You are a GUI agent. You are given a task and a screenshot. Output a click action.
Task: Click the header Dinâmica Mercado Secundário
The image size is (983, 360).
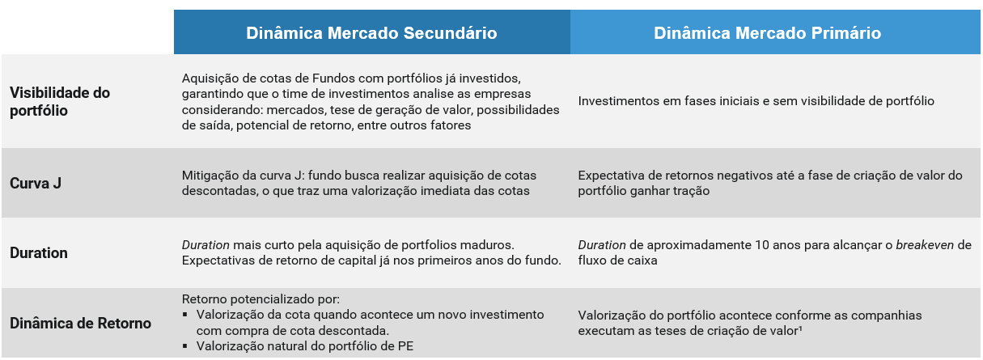371,33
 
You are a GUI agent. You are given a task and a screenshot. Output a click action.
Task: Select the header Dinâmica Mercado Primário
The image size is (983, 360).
767,33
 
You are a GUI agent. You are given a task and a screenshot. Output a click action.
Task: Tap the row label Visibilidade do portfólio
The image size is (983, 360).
60,101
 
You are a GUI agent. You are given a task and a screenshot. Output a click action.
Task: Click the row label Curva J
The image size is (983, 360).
36,183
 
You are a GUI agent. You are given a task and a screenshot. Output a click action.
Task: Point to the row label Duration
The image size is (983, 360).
39,252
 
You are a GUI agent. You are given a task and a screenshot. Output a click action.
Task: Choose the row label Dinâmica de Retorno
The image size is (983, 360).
80,323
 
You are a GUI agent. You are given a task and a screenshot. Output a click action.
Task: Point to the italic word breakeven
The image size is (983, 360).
925,244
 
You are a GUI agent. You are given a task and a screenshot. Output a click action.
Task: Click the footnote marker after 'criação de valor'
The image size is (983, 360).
800,327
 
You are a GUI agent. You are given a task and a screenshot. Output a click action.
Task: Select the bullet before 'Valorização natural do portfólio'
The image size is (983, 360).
185,346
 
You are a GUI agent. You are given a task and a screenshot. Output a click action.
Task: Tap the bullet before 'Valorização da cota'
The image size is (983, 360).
185,315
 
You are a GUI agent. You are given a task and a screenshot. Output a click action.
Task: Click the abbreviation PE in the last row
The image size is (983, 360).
405,346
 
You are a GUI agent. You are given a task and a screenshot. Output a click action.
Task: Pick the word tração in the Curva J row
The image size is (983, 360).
689,192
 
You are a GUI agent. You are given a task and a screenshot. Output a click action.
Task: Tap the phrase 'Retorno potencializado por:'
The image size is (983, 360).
261,299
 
